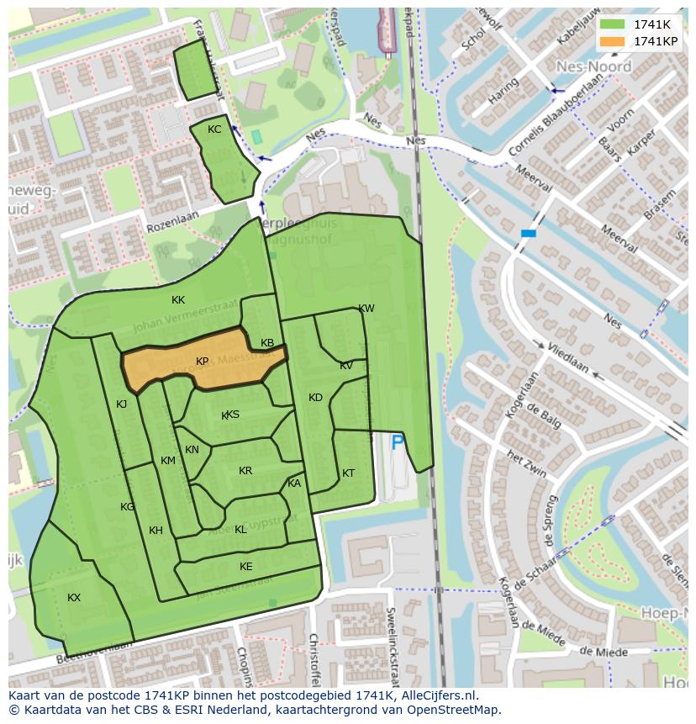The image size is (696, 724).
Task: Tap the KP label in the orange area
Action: point(203,362)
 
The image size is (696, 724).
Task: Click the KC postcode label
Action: point(214,129)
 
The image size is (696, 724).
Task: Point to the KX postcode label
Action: point(74,598)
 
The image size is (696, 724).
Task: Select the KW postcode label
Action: point(366,309)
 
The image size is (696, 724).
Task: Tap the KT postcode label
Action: point(348,473)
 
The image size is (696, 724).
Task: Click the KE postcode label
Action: point(245,567)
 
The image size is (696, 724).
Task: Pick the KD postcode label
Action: point(315,398)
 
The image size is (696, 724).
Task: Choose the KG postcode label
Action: point(127,507)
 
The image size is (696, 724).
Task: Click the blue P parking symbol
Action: point(398,441)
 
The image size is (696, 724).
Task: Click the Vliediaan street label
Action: point(567,357)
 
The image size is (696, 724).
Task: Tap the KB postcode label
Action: point(267,343)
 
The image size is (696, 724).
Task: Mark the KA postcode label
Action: point(294,484)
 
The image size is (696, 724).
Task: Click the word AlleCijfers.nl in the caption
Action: point(436,696)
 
